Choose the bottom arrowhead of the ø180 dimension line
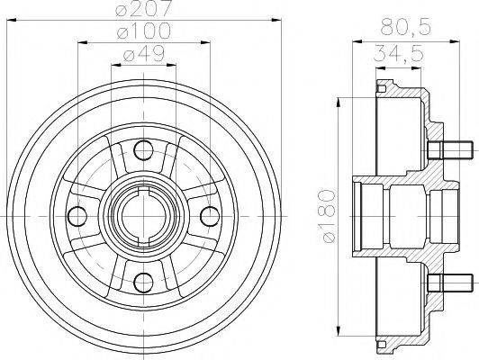point(339,333)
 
